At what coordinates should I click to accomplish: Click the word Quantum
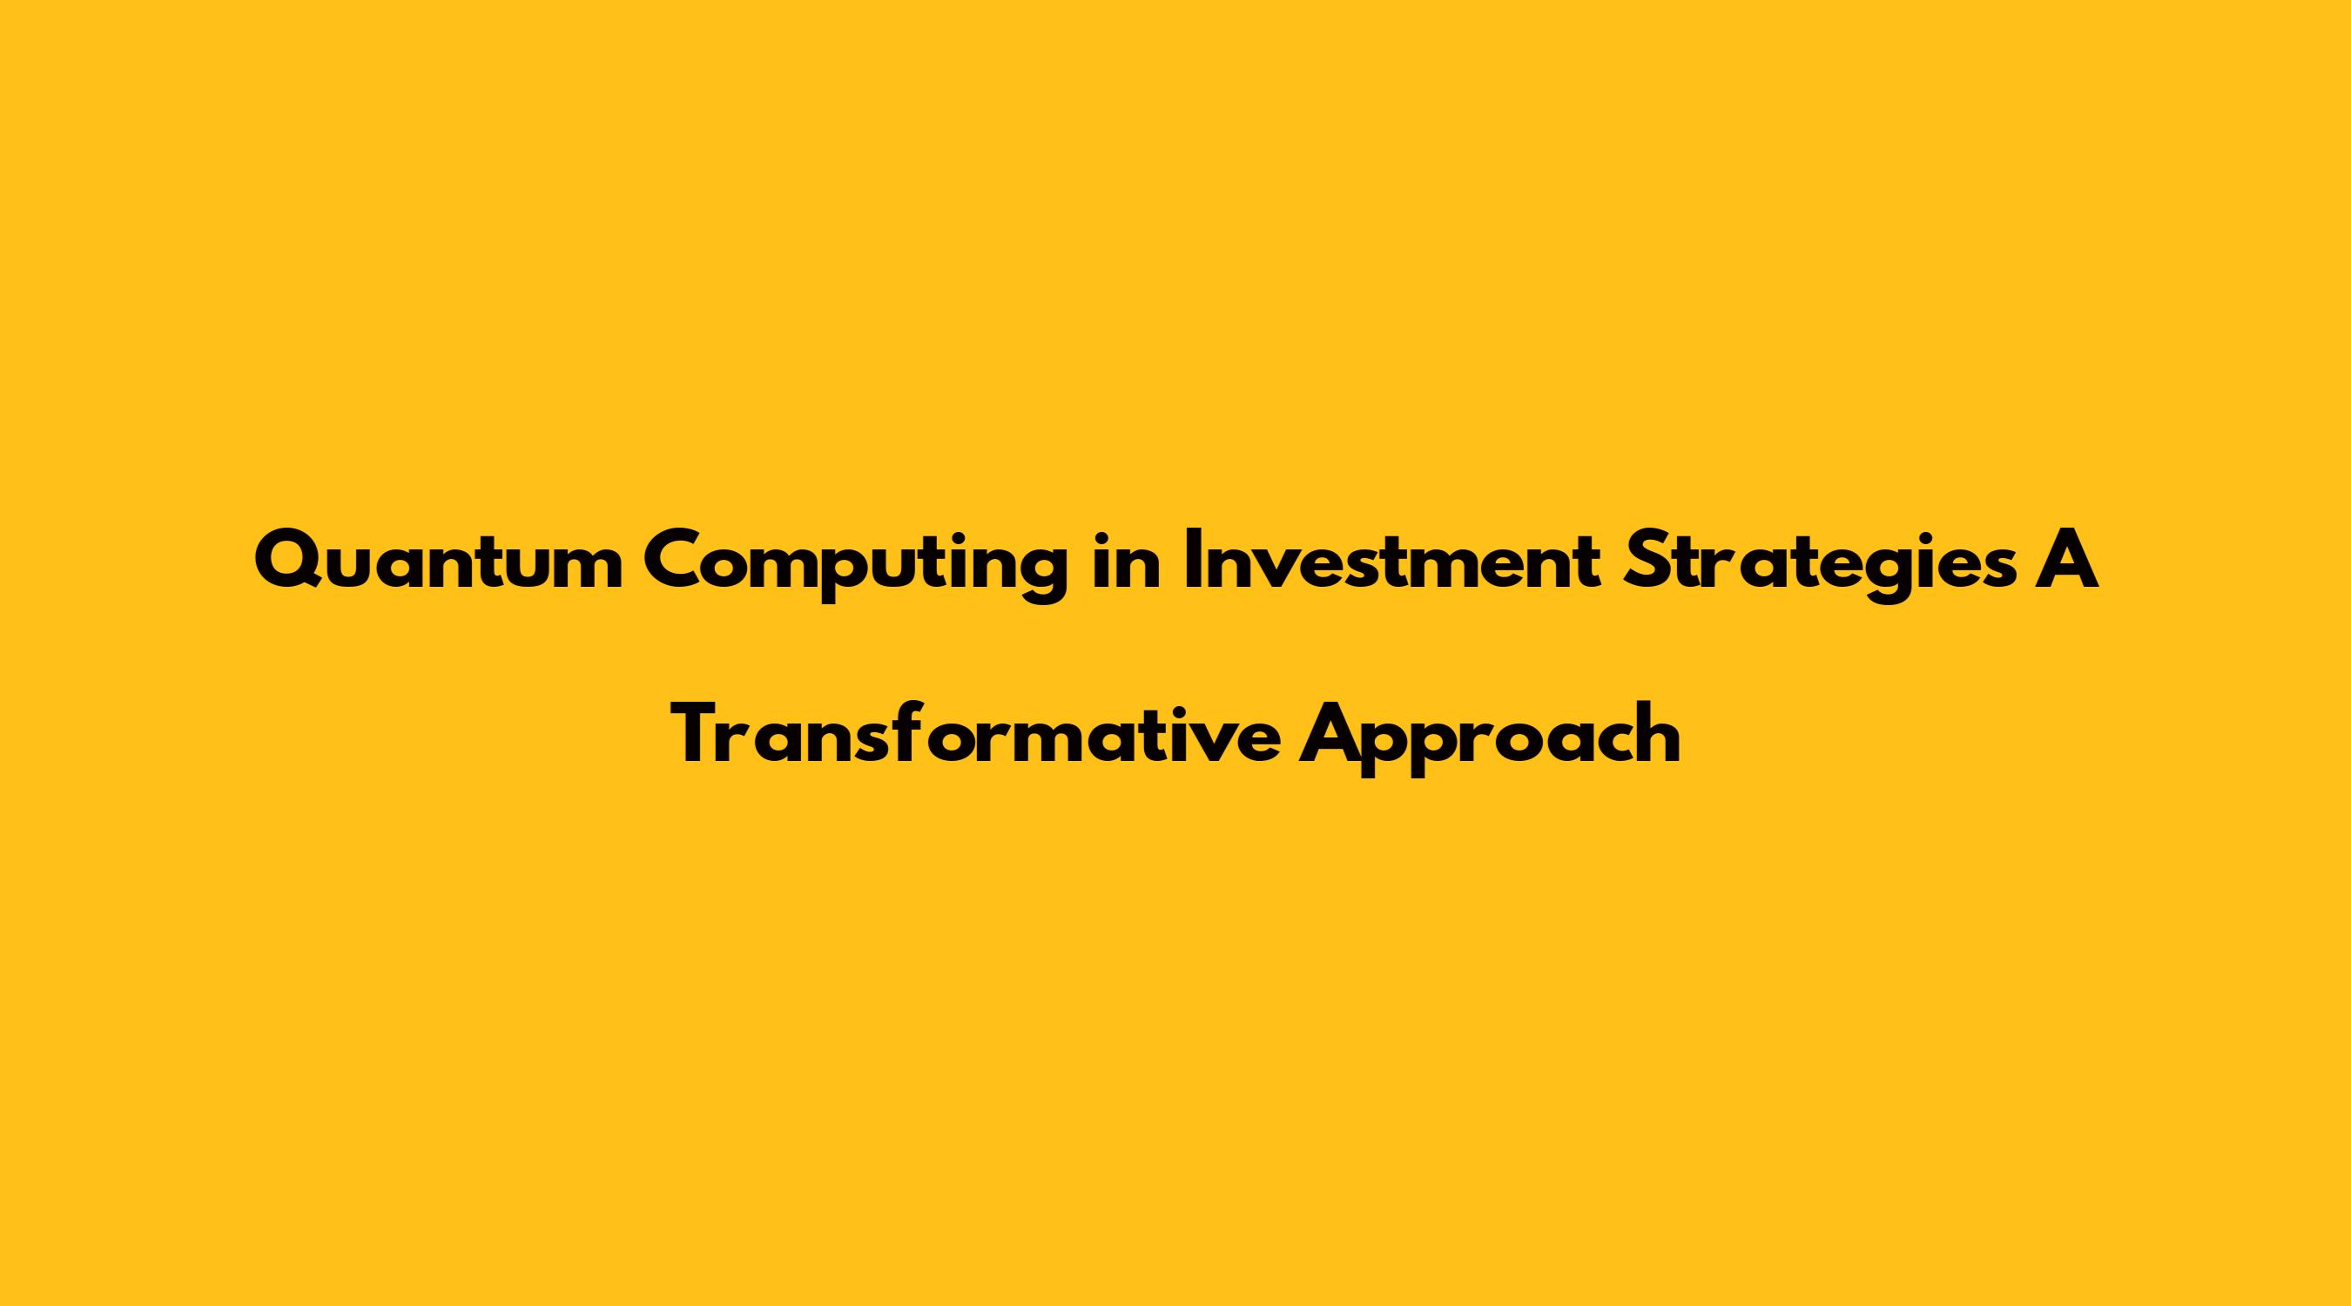click(x=439, y=564)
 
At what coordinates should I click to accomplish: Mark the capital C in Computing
click(x=672, y=564)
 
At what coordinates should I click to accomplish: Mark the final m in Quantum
click(x=589, y=571)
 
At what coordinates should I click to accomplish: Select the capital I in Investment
click(x=1192, y=564)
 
